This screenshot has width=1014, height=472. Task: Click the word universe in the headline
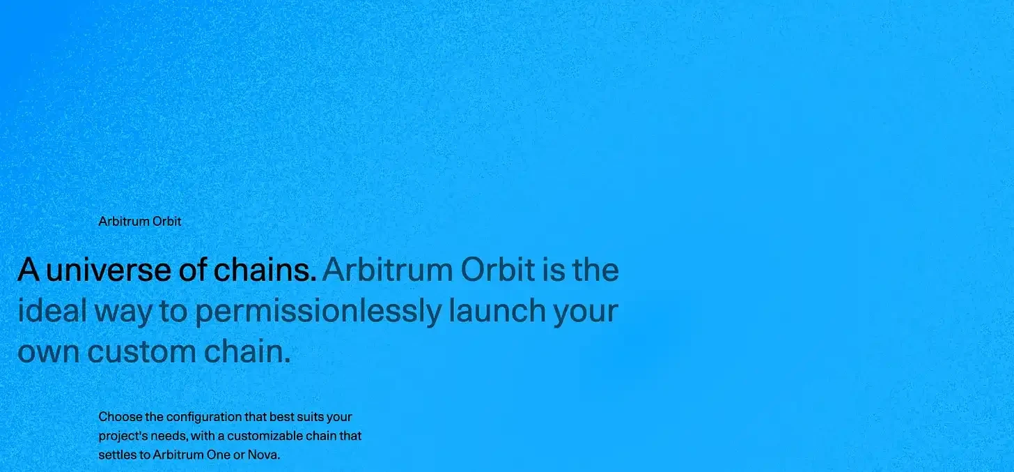pos(109,271)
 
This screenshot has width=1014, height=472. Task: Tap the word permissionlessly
pos(318,312)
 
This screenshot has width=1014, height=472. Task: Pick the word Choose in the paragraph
pos(117,417)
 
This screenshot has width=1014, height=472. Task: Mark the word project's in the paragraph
pos(120,436)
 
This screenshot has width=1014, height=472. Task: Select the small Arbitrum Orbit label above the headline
pos(140,222)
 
